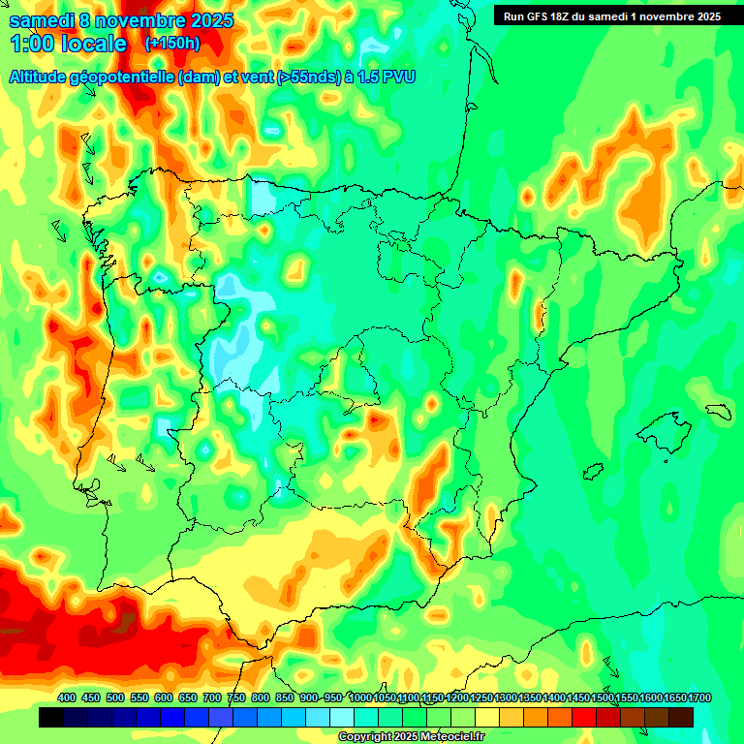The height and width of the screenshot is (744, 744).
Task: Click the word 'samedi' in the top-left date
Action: (x=41, y=20)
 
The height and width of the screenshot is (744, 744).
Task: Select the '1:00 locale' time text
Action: (x=68, y=45)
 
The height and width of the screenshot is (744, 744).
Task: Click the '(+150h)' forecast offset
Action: (x=171, y=44)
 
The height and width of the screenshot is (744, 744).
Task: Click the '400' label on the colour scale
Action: (x=67, y=697)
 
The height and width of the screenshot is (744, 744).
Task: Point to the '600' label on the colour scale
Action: (x=164, y=697)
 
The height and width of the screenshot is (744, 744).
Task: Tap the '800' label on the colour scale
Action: (x=261, y=697)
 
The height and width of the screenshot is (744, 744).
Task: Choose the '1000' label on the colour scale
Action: (x=359, y=697)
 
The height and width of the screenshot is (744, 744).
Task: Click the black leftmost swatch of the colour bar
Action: (x=51, y=717)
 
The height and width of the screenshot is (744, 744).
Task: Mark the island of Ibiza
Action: (x=594, y=471)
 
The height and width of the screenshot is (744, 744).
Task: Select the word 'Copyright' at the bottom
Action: (x=363, y=737)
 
